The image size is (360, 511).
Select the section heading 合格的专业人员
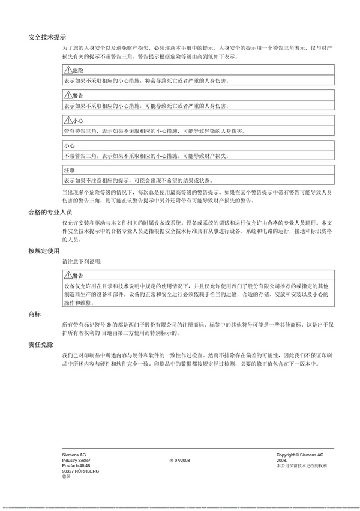50,213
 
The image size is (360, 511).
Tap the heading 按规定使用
44,250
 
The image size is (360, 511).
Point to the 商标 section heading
34,315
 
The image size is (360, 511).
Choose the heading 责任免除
41,346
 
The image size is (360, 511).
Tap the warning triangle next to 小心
67,121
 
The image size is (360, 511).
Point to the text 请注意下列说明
78,262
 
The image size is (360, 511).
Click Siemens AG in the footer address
74,455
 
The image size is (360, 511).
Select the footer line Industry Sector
76,461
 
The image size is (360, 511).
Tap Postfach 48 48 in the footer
76,466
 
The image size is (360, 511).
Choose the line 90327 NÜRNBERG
80,471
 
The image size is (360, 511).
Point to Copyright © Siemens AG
299,455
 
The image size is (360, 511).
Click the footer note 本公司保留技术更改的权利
301,466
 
